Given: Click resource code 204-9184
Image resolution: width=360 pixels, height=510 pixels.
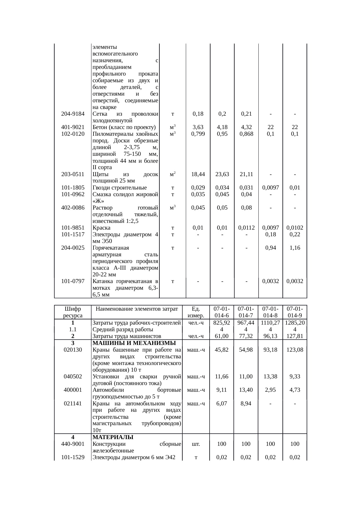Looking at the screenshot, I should coord(73,114).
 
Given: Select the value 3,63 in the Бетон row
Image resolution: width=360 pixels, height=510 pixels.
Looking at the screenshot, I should coord(198,127).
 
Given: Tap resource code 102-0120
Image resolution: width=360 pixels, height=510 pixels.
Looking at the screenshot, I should coord(73,134).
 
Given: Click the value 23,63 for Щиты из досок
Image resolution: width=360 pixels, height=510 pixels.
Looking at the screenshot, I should coord(222,174).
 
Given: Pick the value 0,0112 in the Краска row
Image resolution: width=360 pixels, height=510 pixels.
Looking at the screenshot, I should coord(246,228).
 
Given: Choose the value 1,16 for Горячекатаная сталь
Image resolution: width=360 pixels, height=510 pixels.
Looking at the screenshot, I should coord(295,248).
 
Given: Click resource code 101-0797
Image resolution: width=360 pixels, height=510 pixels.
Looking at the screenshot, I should coord(73,281).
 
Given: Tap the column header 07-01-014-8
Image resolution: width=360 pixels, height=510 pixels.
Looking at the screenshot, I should coord(270,312).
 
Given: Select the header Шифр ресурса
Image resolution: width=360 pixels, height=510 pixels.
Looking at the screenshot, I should coord(73,312).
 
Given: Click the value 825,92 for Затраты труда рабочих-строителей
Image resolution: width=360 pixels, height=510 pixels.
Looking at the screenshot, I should coord(222,323).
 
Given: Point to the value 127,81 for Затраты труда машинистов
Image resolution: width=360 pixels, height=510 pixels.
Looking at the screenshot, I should coord(295,336).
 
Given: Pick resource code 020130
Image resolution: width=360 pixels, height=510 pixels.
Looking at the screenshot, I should coord(73,350).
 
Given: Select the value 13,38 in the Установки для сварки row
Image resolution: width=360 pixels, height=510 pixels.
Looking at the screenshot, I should coord(270,377).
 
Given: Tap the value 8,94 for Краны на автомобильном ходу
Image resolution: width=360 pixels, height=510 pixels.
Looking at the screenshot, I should coord(246,403).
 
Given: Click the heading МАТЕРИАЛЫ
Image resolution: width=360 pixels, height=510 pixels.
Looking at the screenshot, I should coord(113,437).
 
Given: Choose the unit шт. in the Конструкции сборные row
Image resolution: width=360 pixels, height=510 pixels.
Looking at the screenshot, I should coord(196,444).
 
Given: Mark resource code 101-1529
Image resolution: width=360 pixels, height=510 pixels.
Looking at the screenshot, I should coord(73,457).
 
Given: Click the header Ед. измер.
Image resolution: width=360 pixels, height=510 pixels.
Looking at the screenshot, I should coord(196,312).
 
